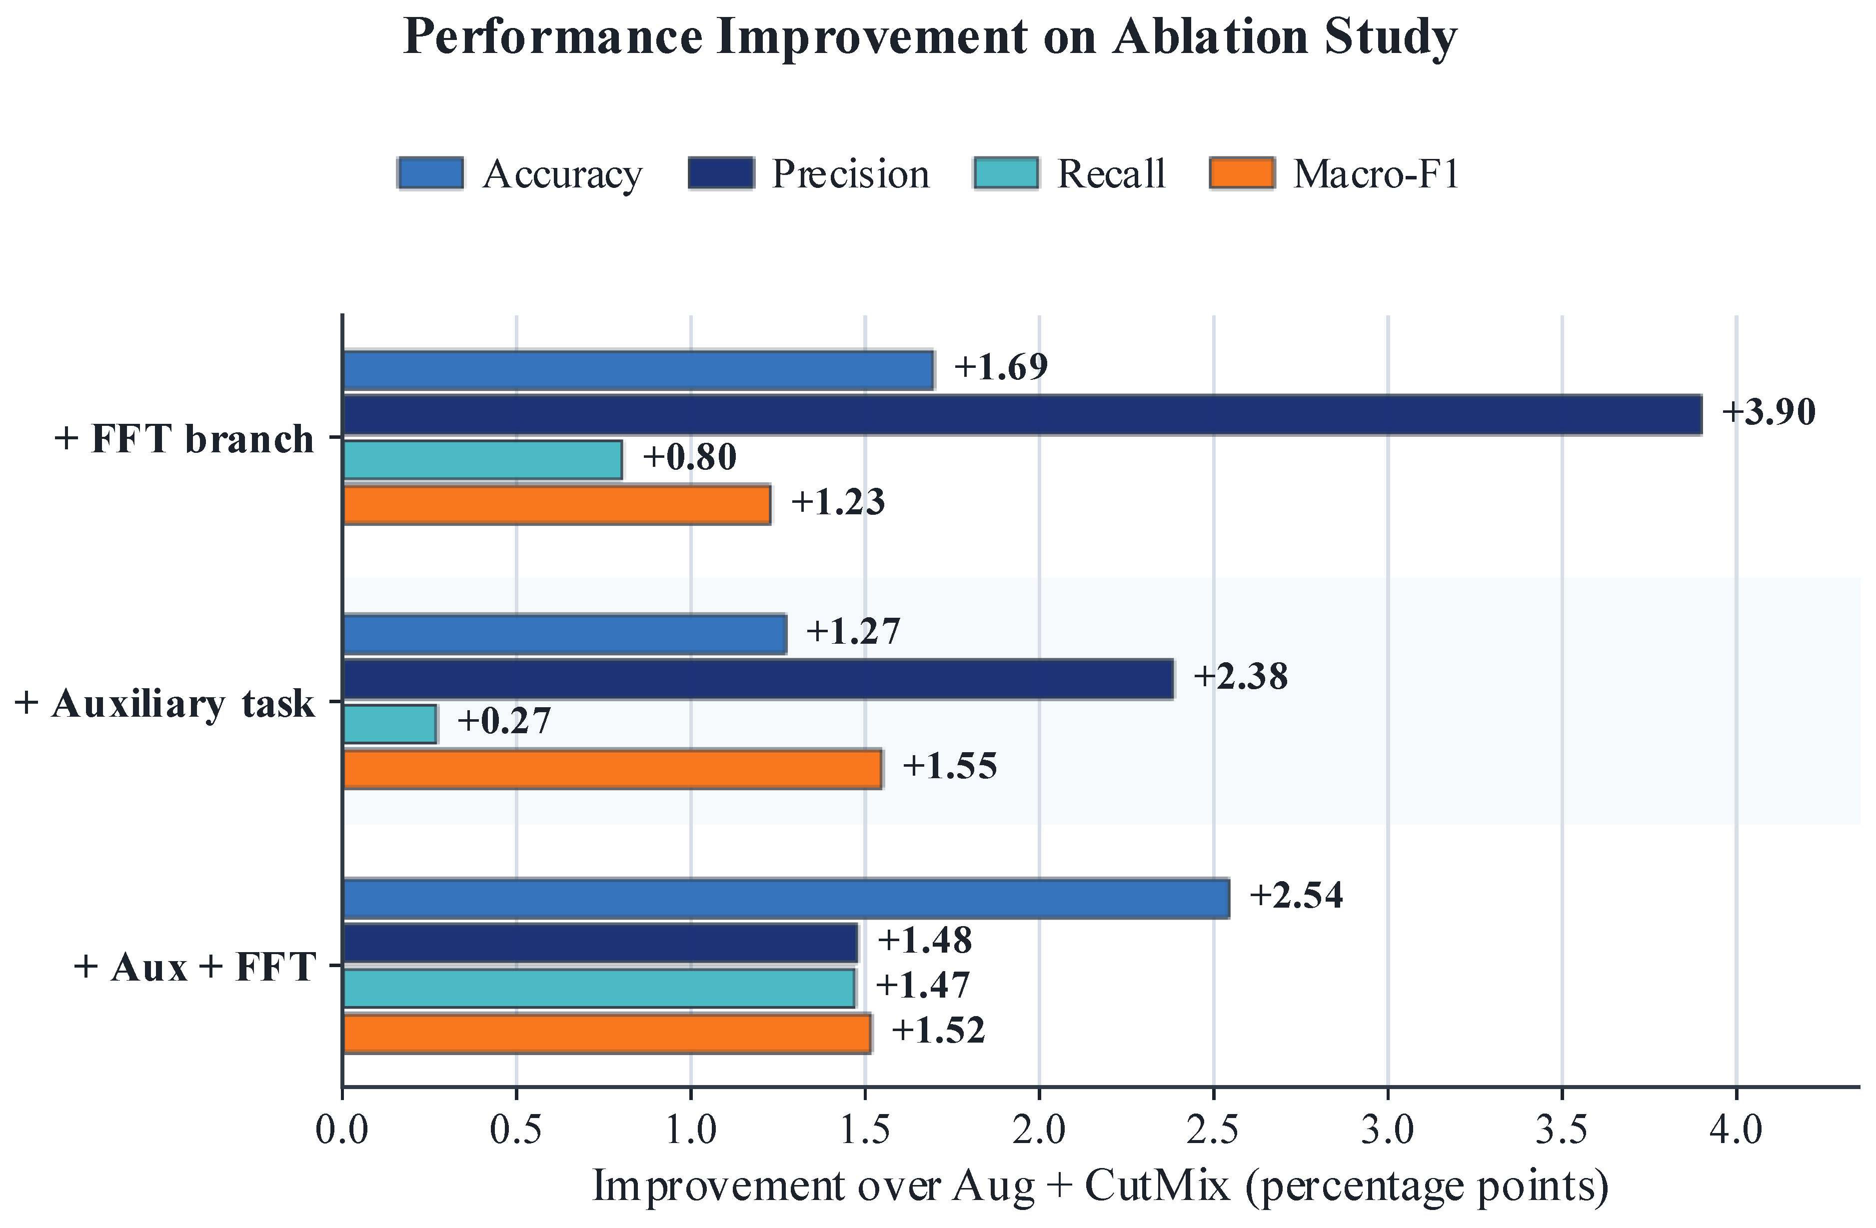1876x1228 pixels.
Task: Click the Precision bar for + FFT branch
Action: (x=1022, y=415)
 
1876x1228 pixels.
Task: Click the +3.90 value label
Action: (x=1768, y=412)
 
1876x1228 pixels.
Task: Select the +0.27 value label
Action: (x=504, y=721)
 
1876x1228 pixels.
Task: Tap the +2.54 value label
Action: (x=1296, y=896)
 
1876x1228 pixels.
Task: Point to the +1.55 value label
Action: (x=950, y=766)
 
